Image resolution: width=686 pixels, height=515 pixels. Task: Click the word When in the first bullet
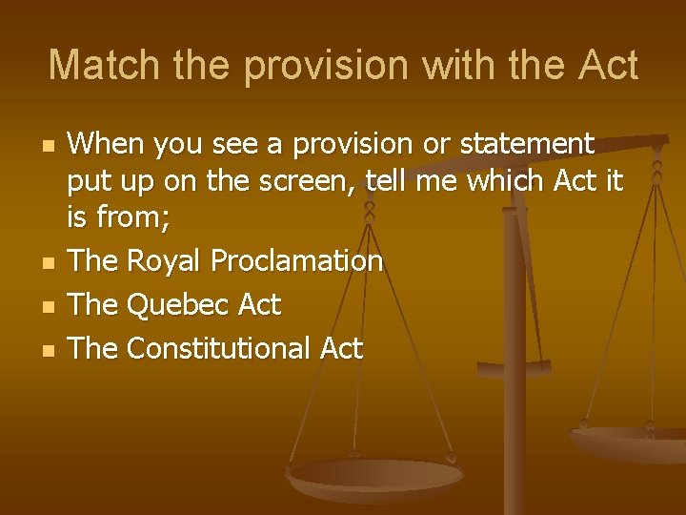107,145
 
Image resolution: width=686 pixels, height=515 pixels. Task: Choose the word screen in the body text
306,181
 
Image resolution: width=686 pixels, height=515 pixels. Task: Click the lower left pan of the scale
374,476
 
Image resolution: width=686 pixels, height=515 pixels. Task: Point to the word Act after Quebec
260,305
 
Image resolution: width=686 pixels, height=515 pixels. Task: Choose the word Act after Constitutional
341,348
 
